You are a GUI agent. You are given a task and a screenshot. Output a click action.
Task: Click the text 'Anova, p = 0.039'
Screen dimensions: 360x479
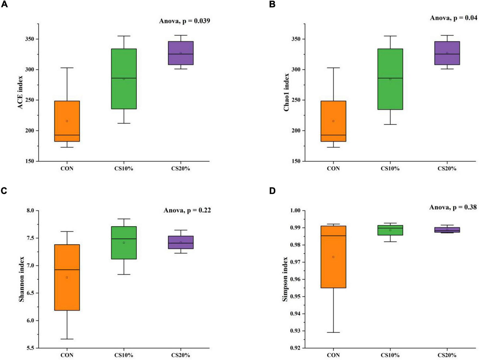pos(185,21)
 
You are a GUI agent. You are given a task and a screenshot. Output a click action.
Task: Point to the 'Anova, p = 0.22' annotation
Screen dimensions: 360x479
pos(187,210)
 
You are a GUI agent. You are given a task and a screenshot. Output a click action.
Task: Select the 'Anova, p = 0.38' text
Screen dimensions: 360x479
pos(453,208)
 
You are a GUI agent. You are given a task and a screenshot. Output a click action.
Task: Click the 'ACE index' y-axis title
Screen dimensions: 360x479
pos(20,92)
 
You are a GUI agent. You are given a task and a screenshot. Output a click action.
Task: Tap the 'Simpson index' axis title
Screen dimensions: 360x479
pos(285,279)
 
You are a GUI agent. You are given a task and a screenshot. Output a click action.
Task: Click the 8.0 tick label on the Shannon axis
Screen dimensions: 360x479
pos(31,211)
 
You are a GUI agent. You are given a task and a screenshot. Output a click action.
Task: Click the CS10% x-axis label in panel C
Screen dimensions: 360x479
pos(124,355)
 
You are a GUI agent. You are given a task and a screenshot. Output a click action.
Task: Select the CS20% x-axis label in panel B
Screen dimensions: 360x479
pos(447,169)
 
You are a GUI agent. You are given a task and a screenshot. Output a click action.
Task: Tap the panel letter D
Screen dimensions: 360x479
pos(272,191)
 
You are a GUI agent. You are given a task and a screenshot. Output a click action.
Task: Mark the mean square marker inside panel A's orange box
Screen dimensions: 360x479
pos(67,121)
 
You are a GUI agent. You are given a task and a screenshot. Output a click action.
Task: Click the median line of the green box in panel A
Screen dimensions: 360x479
pos(124,78)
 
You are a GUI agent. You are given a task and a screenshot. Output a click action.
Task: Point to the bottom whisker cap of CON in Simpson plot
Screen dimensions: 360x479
pos(333,332)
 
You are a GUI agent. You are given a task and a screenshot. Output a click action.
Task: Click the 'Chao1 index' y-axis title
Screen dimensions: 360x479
pos(286,92)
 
